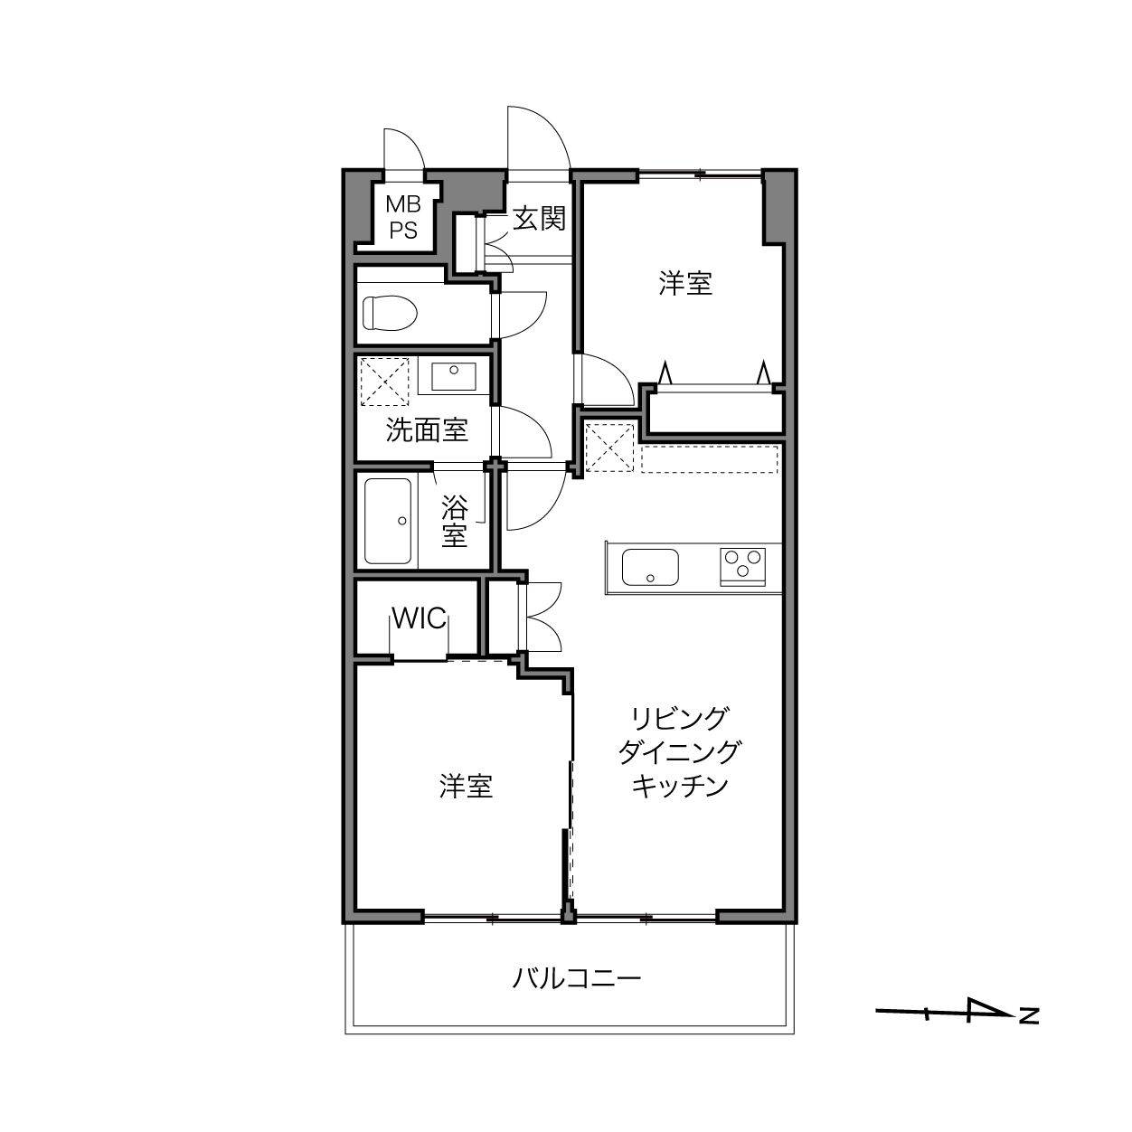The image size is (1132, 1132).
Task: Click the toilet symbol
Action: (x=390, y=312)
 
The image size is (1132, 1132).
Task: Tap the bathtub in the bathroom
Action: (x=388, y=521)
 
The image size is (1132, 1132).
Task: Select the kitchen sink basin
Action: (x=650, y=567)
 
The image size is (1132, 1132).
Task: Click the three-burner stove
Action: (x=742, y=566)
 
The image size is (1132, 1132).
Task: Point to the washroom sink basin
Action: (x=454, y=376)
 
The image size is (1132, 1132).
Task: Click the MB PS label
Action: (x=403, y=218)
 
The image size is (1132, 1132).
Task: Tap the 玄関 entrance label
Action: (x=539, y=219)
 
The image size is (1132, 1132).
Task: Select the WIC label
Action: (x=420, y=618)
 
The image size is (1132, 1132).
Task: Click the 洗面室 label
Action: (x=427, y=430)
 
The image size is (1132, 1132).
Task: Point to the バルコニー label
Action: (x=576, y=978)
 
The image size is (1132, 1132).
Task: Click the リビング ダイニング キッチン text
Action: (x=679, y=752)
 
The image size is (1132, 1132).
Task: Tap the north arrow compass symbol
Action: (x=945, y=1012)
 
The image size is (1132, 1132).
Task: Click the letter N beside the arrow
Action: (x=1029, y=1015)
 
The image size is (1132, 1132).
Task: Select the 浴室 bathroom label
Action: (x=455, y=521)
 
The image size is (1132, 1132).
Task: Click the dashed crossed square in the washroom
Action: (x=384, y=382)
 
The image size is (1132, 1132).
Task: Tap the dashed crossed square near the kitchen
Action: (x=609, y=448)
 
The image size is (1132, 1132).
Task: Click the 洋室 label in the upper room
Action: (x=685, y=283)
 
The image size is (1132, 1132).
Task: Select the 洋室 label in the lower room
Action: (x=466, y=786)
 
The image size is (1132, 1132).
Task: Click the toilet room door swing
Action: (x=532, y=321)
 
